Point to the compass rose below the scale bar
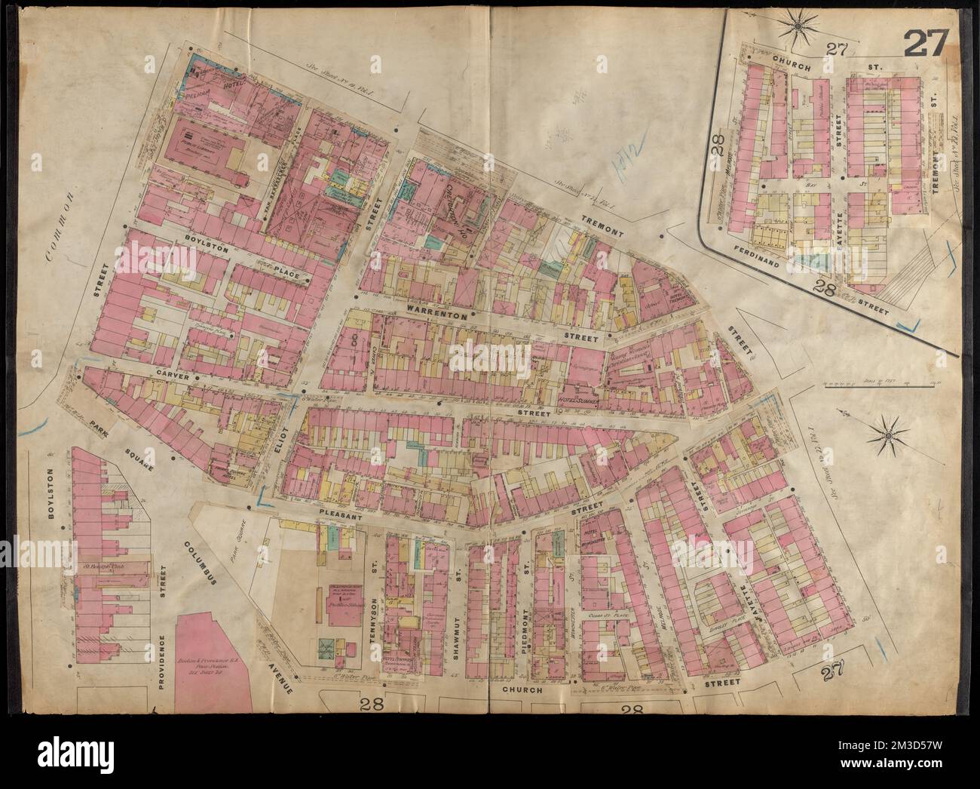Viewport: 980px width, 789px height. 887,435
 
